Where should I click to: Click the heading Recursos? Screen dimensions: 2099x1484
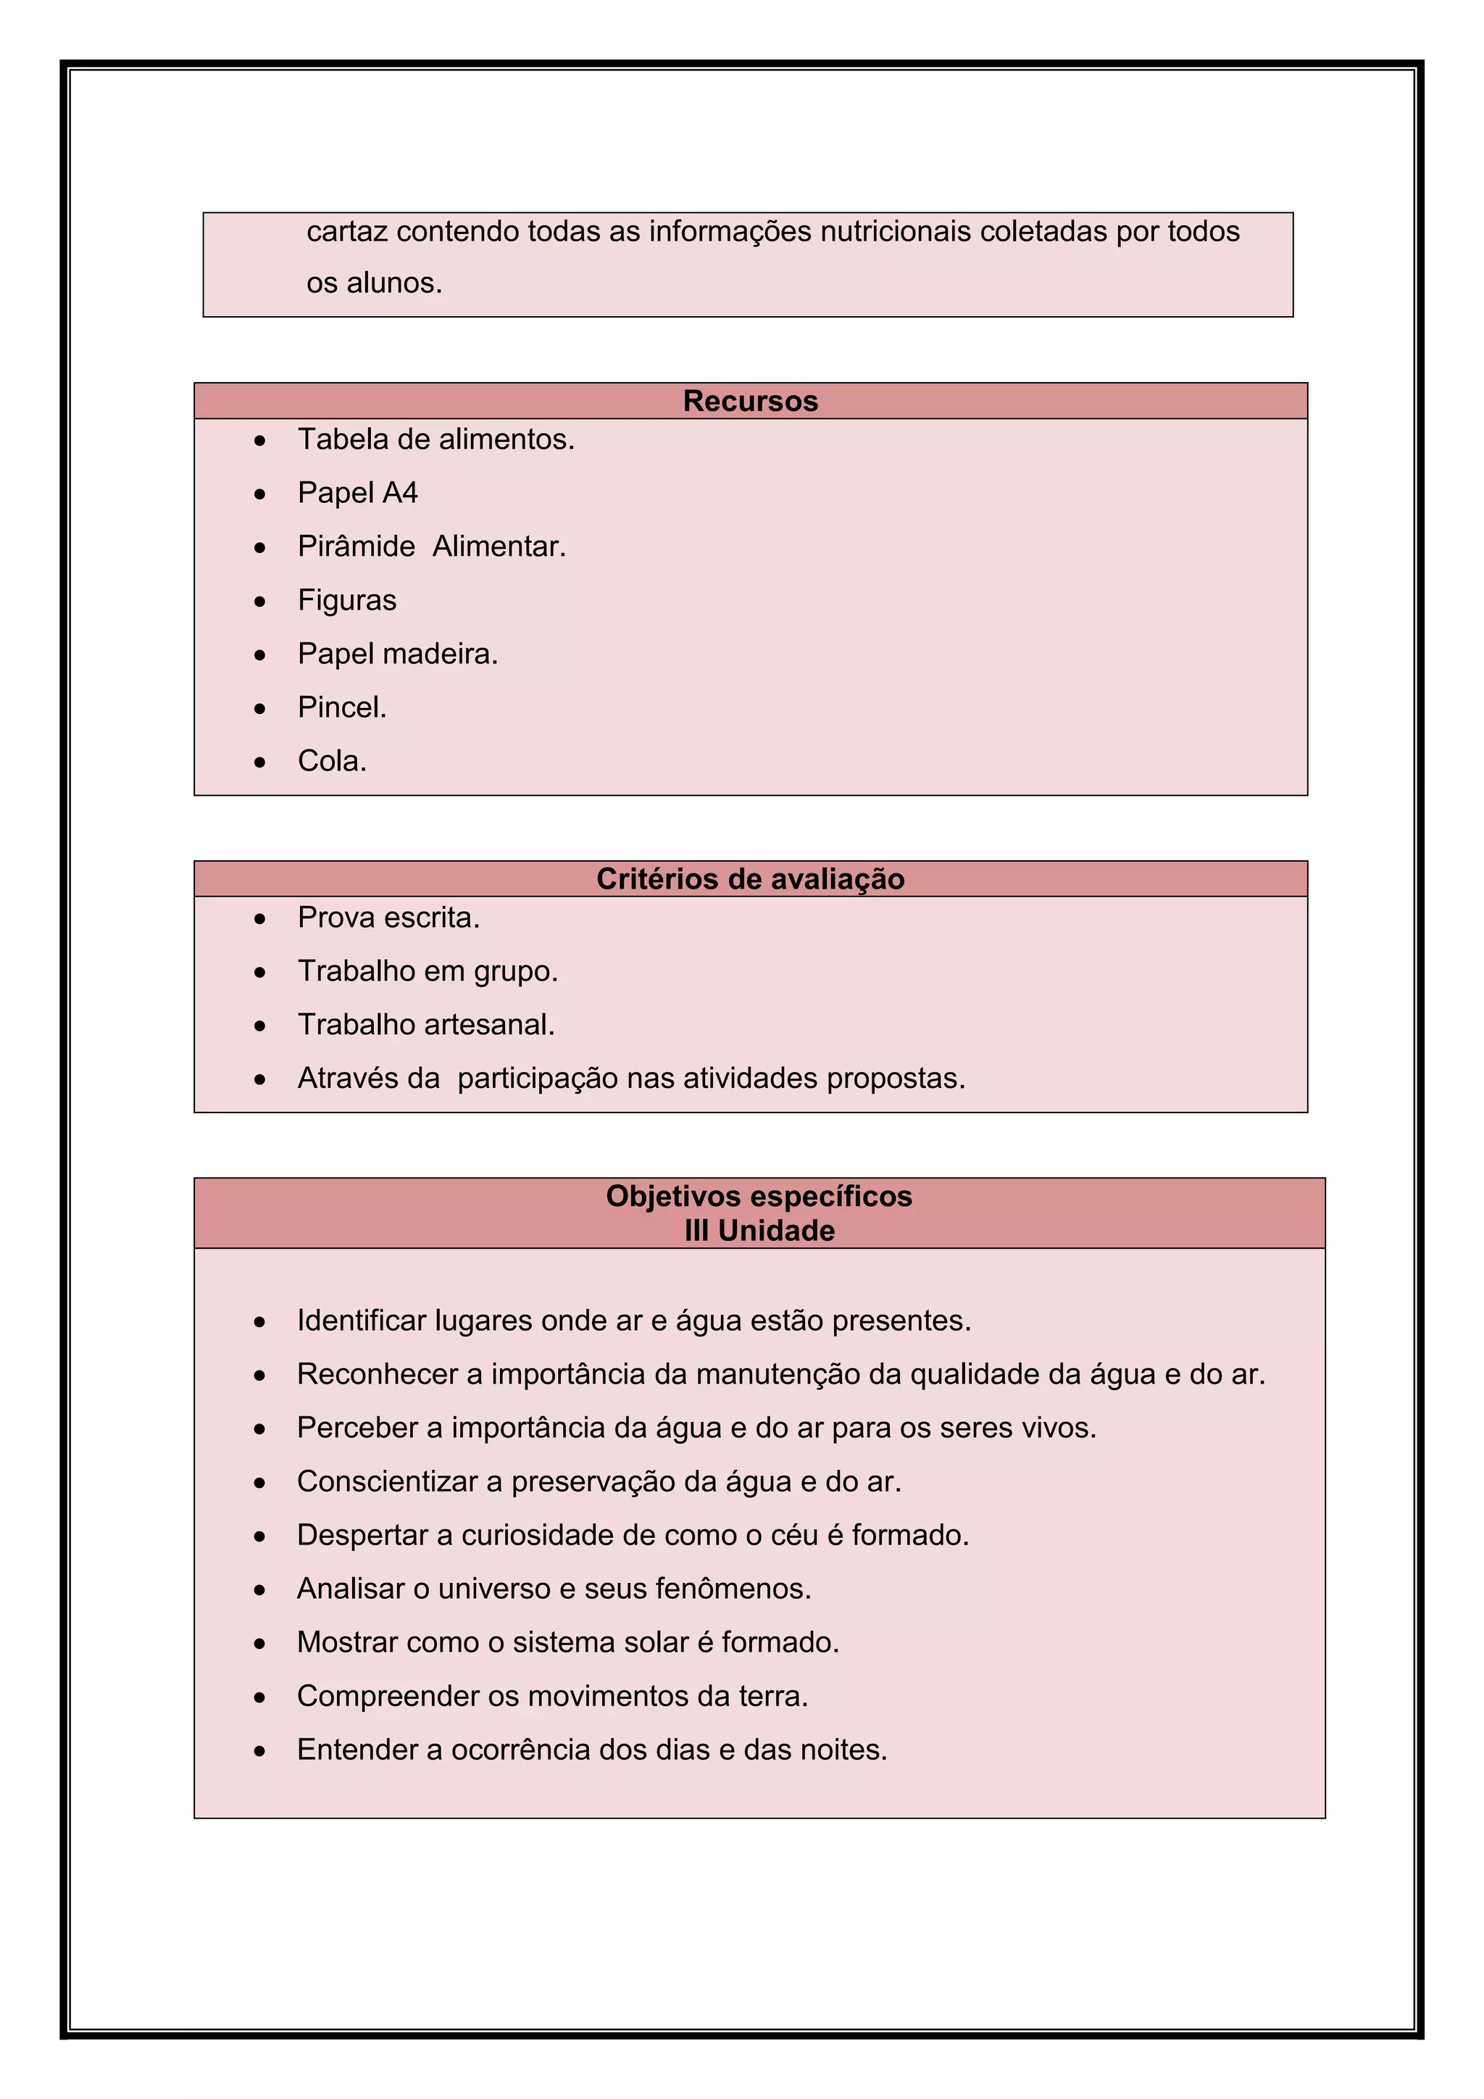[750, 402]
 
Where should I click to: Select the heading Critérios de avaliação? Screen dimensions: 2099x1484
[750, 879]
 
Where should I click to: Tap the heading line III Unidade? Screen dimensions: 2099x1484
[759, 1231]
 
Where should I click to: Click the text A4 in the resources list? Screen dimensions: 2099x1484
[399, 493]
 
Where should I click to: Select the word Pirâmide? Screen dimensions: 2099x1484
[357, 546]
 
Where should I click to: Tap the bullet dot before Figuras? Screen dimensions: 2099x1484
[260, 602]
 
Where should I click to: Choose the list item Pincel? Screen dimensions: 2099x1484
[342, 707]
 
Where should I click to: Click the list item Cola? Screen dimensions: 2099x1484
[332, 760]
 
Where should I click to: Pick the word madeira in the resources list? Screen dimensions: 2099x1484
[442, 654]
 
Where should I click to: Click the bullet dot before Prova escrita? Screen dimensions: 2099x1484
[260, 919]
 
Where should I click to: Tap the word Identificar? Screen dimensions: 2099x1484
[361, 1321]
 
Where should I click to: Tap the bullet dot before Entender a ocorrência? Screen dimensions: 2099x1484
[260, 1750]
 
